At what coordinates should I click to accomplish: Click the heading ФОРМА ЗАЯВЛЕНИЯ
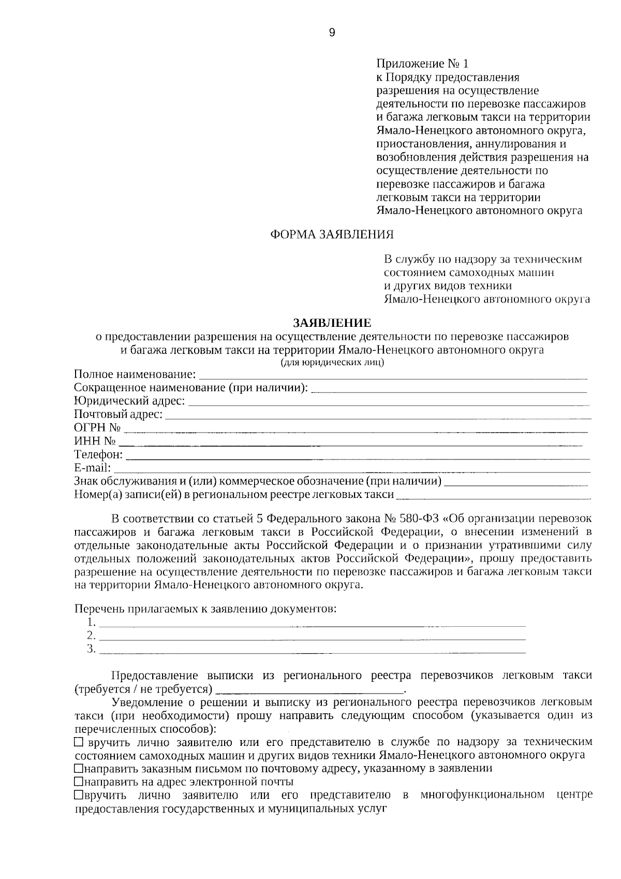click(332, 235)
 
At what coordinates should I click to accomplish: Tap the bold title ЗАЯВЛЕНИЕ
click(332, 323)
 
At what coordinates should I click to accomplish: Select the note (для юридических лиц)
click(332, 363)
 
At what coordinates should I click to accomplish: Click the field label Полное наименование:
click(135, 374)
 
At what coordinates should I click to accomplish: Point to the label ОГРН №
click(97, 428)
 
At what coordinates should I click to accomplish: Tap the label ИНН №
click(95, 441)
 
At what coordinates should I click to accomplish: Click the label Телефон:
click(98, 455)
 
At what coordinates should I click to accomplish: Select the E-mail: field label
click(93, 468)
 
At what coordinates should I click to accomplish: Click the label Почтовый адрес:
click(119, 414)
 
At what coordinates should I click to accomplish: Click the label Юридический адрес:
click(129, 401)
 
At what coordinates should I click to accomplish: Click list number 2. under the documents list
click(92, 636)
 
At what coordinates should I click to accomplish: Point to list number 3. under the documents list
click(92, 649)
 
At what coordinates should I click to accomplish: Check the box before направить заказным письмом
click(78, 768)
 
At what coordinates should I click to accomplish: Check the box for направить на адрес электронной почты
click(78, 782)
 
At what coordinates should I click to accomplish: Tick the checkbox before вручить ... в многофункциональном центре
click(78, 795)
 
